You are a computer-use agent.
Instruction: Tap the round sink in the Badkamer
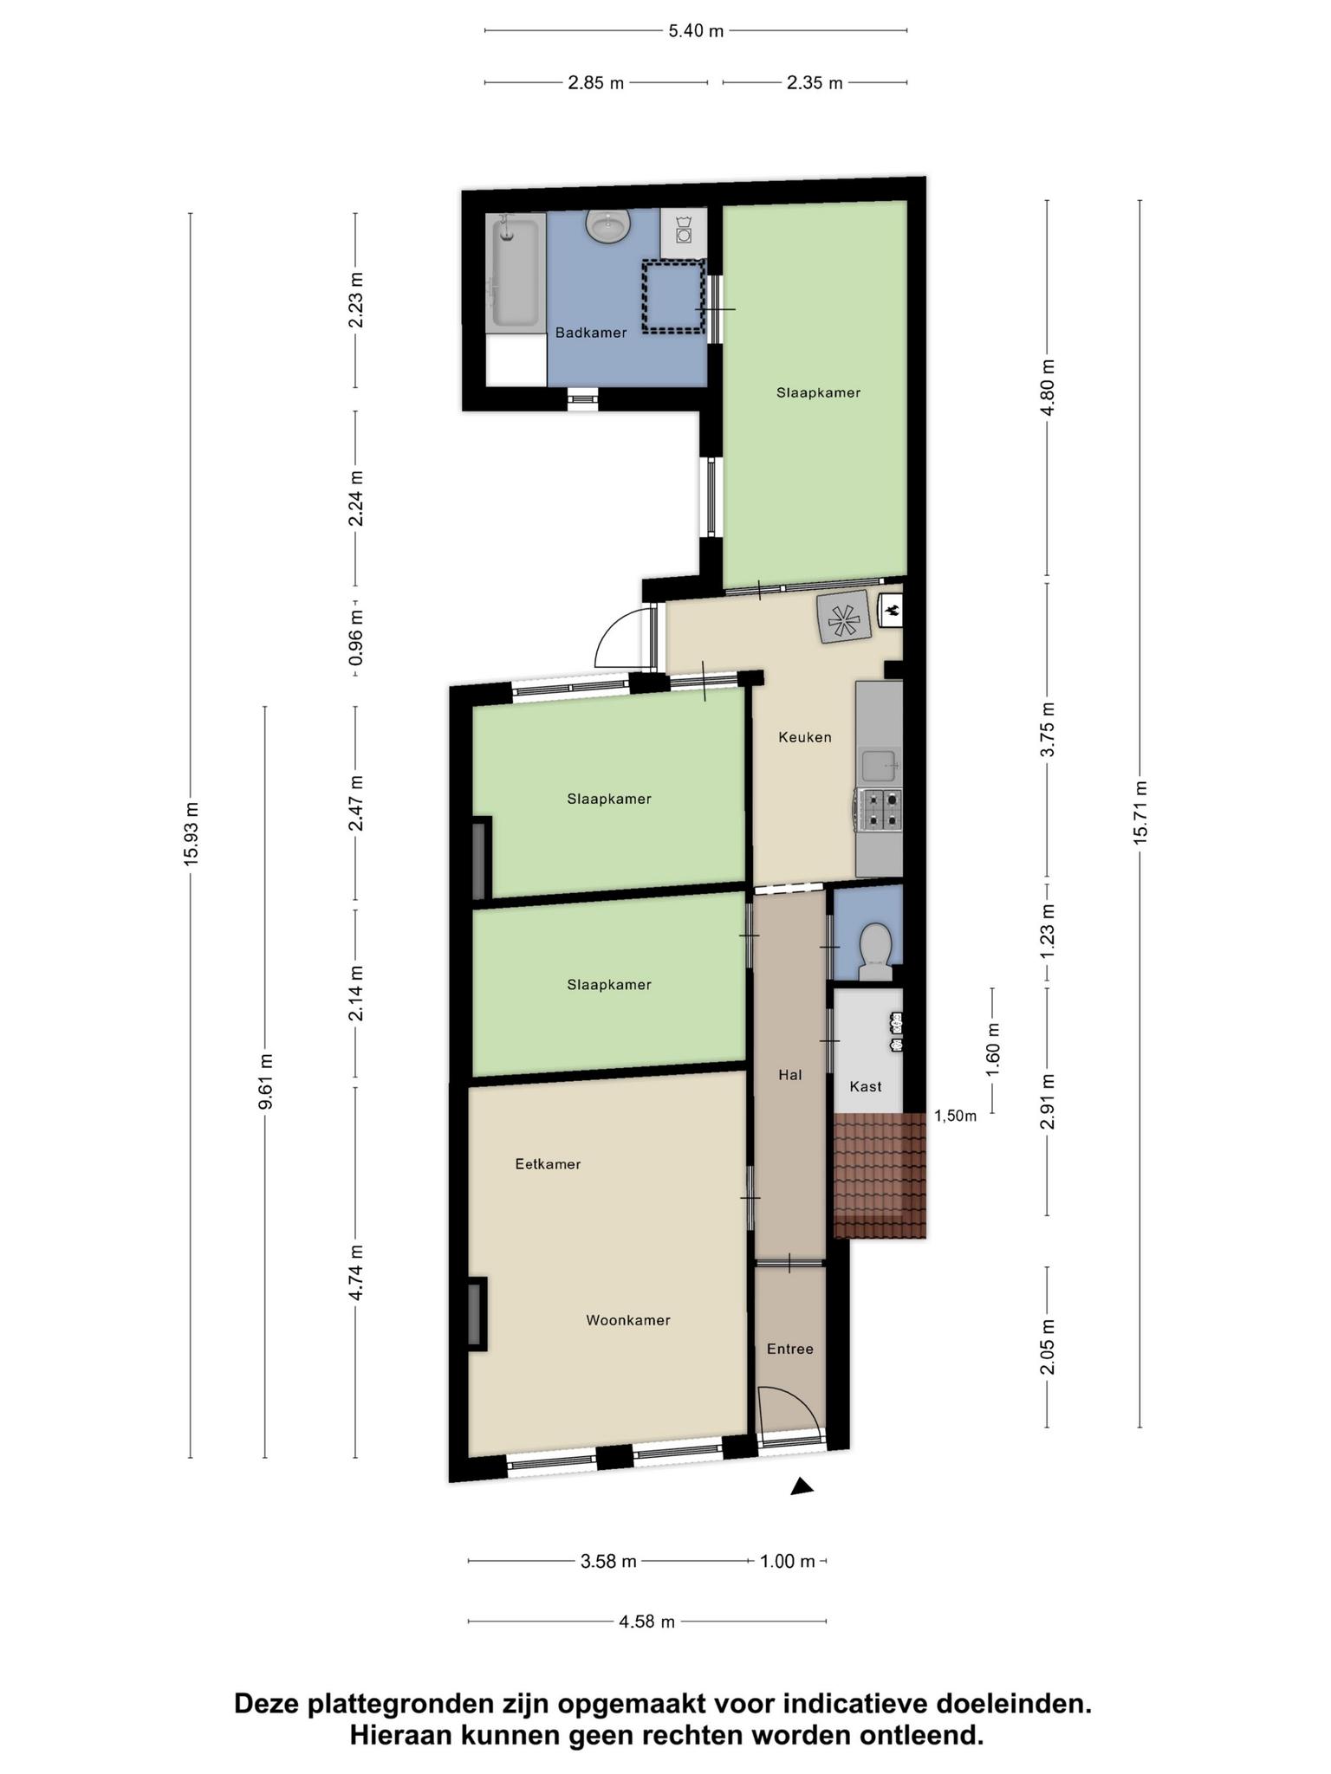(x=608, y=226)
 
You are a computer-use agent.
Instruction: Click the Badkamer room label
(x=591, y=333)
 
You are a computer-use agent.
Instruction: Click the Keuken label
(x=805, y=737)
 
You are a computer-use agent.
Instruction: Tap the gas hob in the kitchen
(x=880, y=810)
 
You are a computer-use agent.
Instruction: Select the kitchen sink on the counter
(x=881, y=766)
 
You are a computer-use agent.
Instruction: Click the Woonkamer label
(x=628, y=1320)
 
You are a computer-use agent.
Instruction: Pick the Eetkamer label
(x=548, y=1164)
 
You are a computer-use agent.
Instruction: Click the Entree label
(x=790, y=1349)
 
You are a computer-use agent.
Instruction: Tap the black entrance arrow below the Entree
(x=802, y=1486)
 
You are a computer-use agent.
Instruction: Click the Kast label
(x=866, y=1086)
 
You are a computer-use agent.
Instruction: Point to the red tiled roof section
(x=880, y=1175)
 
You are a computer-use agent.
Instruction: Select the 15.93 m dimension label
(x=192, y=832)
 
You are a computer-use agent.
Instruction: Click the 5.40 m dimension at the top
(x=696, y=31)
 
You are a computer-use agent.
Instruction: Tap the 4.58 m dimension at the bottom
(x=646, y=1622)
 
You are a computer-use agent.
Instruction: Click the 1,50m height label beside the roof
(x=955, y=1116)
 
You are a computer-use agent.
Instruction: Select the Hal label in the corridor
(x=790, y=1075)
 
